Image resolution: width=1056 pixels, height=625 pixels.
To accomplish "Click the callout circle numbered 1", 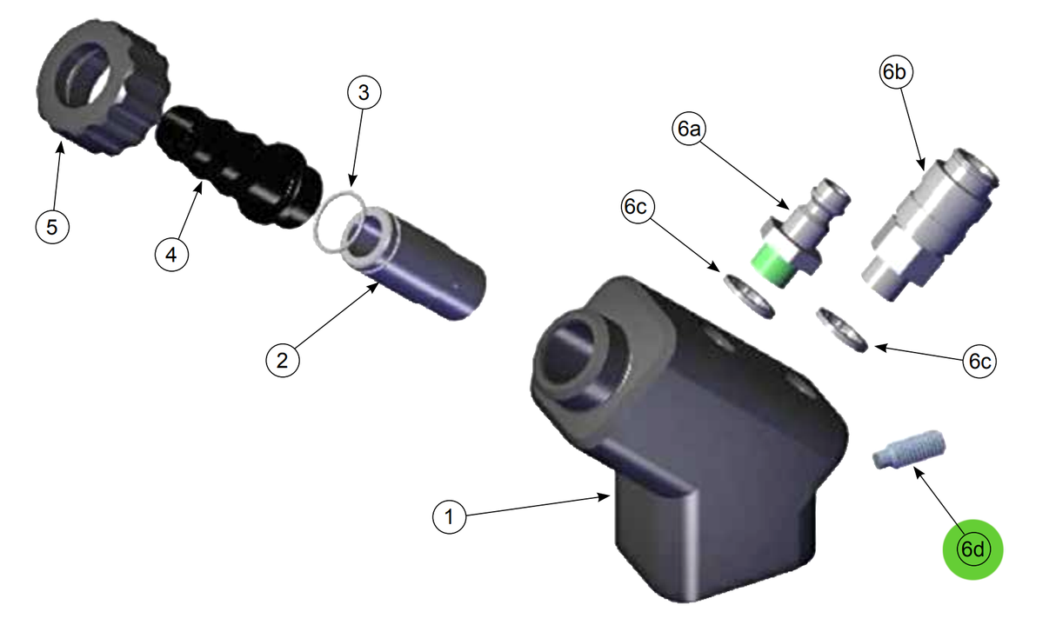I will [x=450, y=518].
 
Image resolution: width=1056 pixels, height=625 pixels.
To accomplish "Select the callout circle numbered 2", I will [x=282, y=359].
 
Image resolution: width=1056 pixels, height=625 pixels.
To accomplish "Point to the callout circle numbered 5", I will [x=51, y=227].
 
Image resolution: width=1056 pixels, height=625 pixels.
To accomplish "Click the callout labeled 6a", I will [x=689, y=129].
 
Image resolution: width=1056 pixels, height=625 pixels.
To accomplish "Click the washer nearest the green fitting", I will [x=748, y=296].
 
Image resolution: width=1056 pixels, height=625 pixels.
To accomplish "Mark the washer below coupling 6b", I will [x=841, y=330].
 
